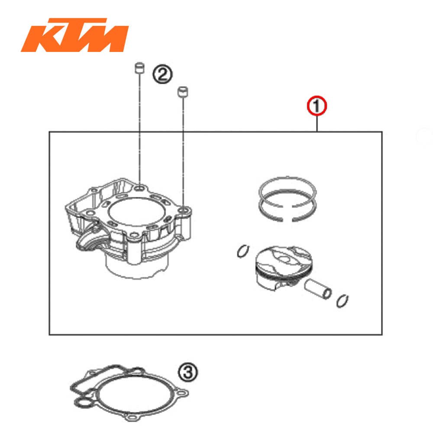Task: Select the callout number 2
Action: (162, 75)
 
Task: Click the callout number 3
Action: (188, 372)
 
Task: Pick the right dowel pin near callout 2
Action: (183, 92)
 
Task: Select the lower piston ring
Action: (287, 208)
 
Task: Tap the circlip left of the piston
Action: (243, 252)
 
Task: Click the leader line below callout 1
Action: (317, 123)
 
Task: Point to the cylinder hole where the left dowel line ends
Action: (140, 187)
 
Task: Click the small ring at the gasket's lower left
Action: (81, 403)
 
